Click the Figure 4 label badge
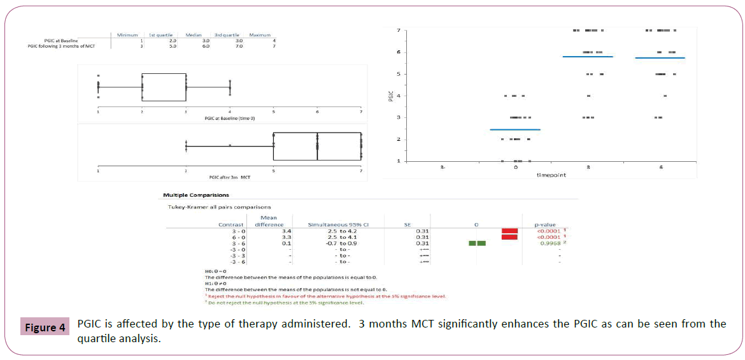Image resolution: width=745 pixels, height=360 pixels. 45,328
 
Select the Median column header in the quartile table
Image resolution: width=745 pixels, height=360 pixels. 194,35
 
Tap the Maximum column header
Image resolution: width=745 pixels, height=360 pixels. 260,35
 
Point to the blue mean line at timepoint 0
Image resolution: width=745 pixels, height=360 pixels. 515,129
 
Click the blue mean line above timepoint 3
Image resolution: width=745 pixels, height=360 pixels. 588,57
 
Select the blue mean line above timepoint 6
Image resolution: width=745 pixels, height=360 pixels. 660,58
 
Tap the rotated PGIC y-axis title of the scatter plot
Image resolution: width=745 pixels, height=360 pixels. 392,96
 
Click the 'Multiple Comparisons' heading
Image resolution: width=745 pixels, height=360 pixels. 195,195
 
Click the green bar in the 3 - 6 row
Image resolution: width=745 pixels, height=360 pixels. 477,243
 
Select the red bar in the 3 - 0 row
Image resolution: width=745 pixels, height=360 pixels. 509,231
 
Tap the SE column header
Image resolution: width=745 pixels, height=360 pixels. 408,224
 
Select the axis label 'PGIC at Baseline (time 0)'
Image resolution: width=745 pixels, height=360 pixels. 229,119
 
